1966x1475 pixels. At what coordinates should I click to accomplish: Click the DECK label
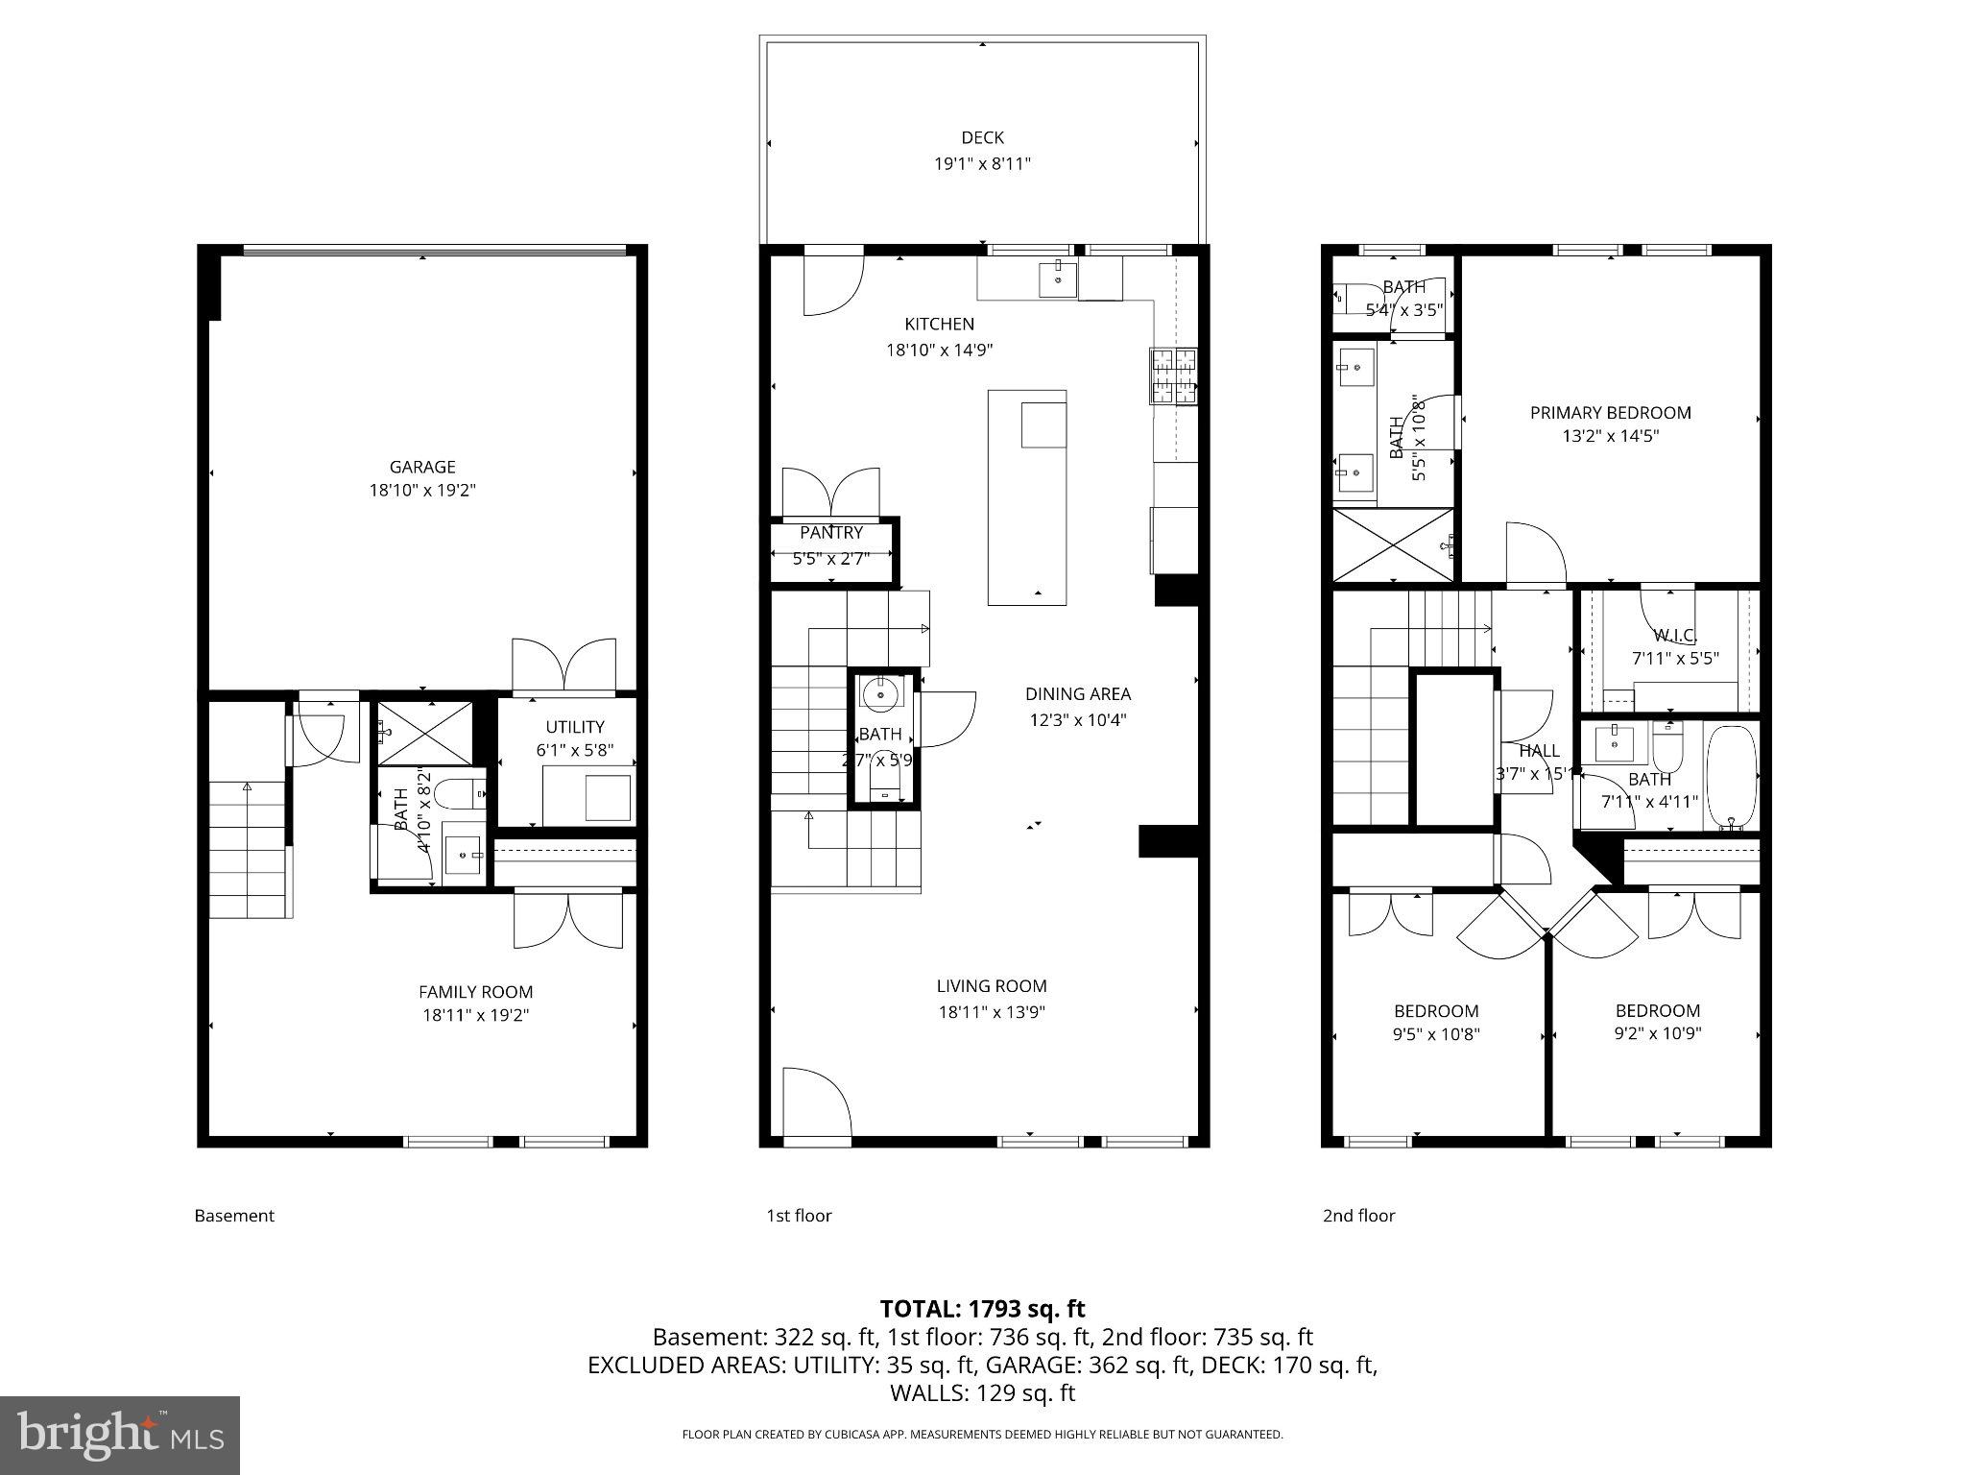point(982,138)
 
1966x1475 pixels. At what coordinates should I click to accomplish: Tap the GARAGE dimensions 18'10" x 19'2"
point(422,491)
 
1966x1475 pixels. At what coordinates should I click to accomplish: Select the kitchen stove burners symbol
point(1174,375)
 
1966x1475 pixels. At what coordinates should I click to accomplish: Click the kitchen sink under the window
point(1057,279)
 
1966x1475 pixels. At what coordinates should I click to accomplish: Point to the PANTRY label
point(831,533)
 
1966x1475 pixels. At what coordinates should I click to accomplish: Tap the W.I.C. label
point(1675,636)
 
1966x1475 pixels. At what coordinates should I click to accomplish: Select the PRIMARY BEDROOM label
point(1610,413)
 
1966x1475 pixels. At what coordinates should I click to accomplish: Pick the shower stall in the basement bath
point(424,733)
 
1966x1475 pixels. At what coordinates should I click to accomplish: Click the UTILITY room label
point(575,727)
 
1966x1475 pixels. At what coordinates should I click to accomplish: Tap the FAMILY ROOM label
point(475,992)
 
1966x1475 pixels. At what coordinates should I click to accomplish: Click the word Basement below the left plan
point(234,1216)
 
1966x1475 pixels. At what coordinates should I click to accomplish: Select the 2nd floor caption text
point(1358,1216)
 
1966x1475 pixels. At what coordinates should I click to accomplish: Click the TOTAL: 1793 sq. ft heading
point(982,1309)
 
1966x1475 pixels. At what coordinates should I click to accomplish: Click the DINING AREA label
point(1077,694)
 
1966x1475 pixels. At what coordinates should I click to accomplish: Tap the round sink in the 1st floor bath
point(878,691)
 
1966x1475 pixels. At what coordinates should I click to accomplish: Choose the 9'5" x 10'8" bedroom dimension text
point(1436,1034)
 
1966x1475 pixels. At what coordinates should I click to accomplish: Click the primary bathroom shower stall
point(1393,545)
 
